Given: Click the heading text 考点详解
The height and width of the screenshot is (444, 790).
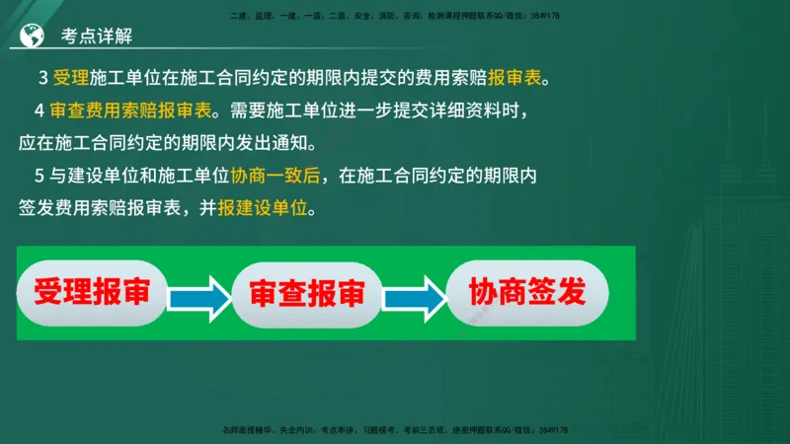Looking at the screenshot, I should coord(97,36).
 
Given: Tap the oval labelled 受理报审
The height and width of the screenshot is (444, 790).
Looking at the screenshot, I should coord(92,293).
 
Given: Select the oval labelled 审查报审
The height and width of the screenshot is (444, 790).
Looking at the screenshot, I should coord(307,294).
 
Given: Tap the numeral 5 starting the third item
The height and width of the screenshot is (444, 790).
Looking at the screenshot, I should coord(39,178).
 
